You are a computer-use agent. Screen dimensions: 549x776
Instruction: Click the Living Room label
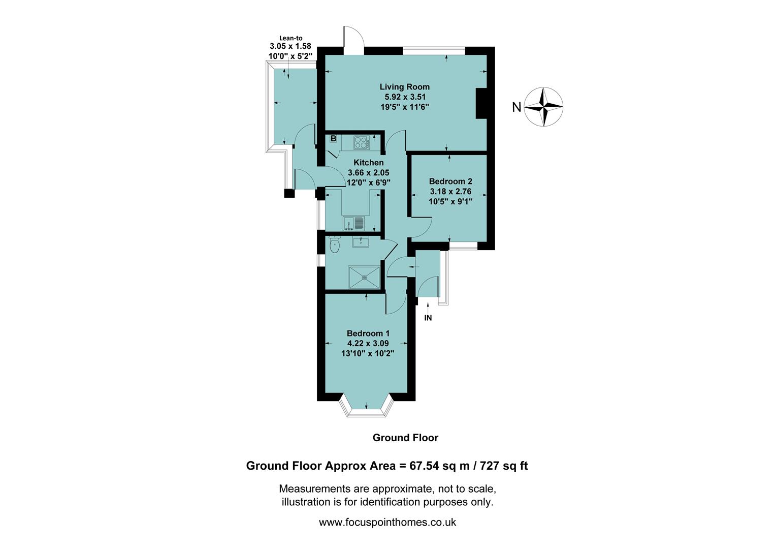tap(404, 87)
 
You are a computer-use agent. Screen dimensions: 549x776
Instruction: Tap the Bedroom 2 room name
tap(450, 181)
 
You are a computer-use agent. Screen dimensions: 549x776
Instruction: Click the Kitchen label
tap(368, 163)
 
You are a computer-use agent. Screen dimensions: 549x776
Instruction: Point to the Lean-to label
tap(291, 38)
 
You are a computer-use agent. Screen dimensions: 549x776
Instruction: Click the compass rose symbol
tap(543, 107)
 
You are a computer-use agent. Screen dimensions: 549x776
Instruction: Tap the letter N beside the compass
tap(516, 107)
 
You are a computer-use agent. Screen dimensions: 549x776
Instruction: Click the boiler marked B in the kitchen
tap(334, 138)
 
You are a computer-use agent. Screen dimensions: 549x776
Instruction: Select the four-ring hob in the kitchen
tap(361, 142)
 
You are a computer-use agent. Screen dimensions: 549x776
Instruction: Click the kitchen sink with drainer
tap(354, 223)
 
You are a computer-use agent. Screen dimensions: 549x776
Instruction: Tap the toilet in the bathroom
tap(334, 245)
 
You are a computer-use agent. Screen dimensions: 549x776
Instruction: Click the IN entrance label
tap(428, 318)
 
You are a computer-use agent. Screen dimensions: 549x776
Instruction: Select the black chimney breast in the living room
tap(480, 104)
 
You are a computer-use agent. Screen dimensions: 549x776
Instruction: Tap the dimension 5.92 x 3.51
tap(405, 97)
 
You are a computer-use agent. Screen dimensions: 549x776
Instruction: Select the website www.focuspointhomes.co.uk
tap(387, 522)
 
